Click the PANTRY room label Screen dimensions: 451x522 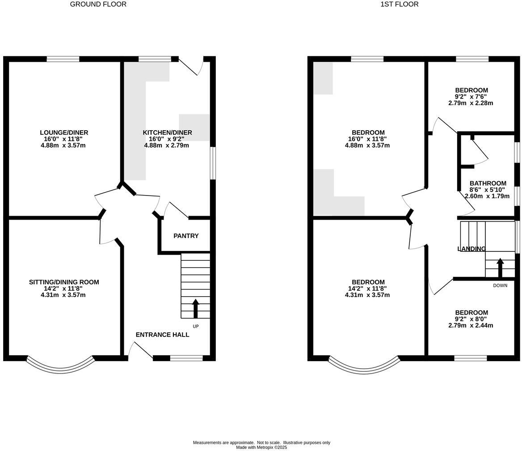coord(186,236)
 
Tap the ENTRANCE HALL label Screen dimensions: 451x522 coord(162,335)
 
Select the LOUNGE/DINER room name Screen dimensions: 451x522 coord(64,132)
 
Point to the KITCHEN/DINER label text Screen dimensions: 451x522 coord(167,132)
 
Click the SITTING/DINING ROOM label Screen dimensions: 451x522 coord(64,282)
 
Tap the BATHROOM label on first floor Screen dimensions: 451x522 coord(488,183)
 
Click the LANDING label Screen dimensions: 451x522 coord(471,249)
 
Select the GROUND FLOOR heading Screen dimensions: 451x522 coord(98,4)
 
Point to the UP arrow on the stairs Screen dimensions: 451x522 coord(195,308)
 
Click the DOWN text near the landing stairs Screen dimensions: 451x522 coord(500,285)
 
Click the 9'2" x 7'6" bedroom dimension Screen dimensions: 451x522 coord(471,97)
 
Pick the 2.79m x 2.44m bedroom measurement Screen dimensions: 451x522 coord(471,325)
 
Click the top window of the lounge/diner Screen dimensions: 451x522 coord(63,59)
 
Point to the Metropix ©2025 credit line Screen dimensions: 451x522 coord(261,447)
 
